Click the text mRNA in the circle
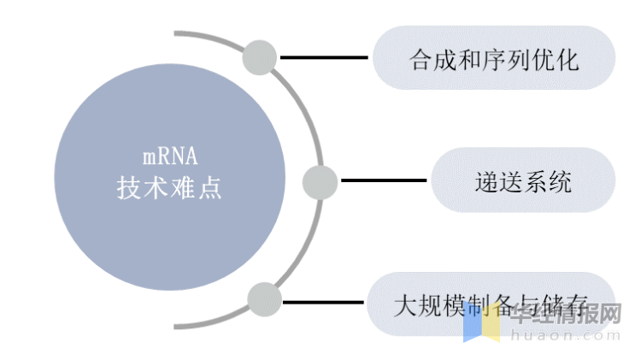pos(169,157)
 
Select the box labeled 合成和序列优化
pos(494,58)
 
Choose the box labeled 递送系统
pos(522,180)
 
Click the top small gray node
pos(260,58)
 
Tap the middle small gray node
pos(320,181)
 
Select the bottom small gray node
pos(265,299)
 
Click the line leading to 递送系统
pos(383,180)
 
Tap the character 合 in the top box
pos(420,59)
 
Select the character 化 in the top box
pos(568,59)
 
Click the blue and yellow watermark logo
pos(481,323)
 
